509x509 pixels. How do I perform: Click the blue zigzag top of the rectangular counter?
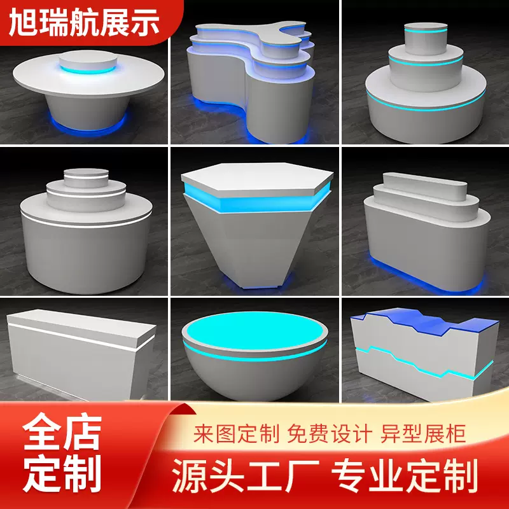point(420,321)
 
